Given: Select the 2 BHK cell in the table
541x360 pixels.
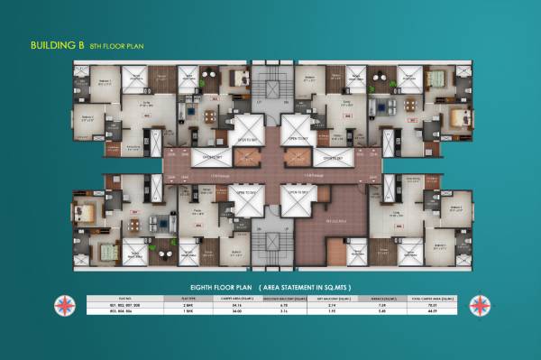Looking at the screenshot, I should tap(188, 305).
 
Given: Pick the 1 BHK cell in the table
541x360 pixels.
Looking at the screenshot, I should tap(188, 312).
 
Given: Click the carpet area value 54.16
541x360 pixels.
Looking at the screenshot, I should tap(238, 305).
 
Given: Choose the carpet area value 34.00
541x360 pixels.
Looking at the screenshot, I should tap(238, 312).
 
